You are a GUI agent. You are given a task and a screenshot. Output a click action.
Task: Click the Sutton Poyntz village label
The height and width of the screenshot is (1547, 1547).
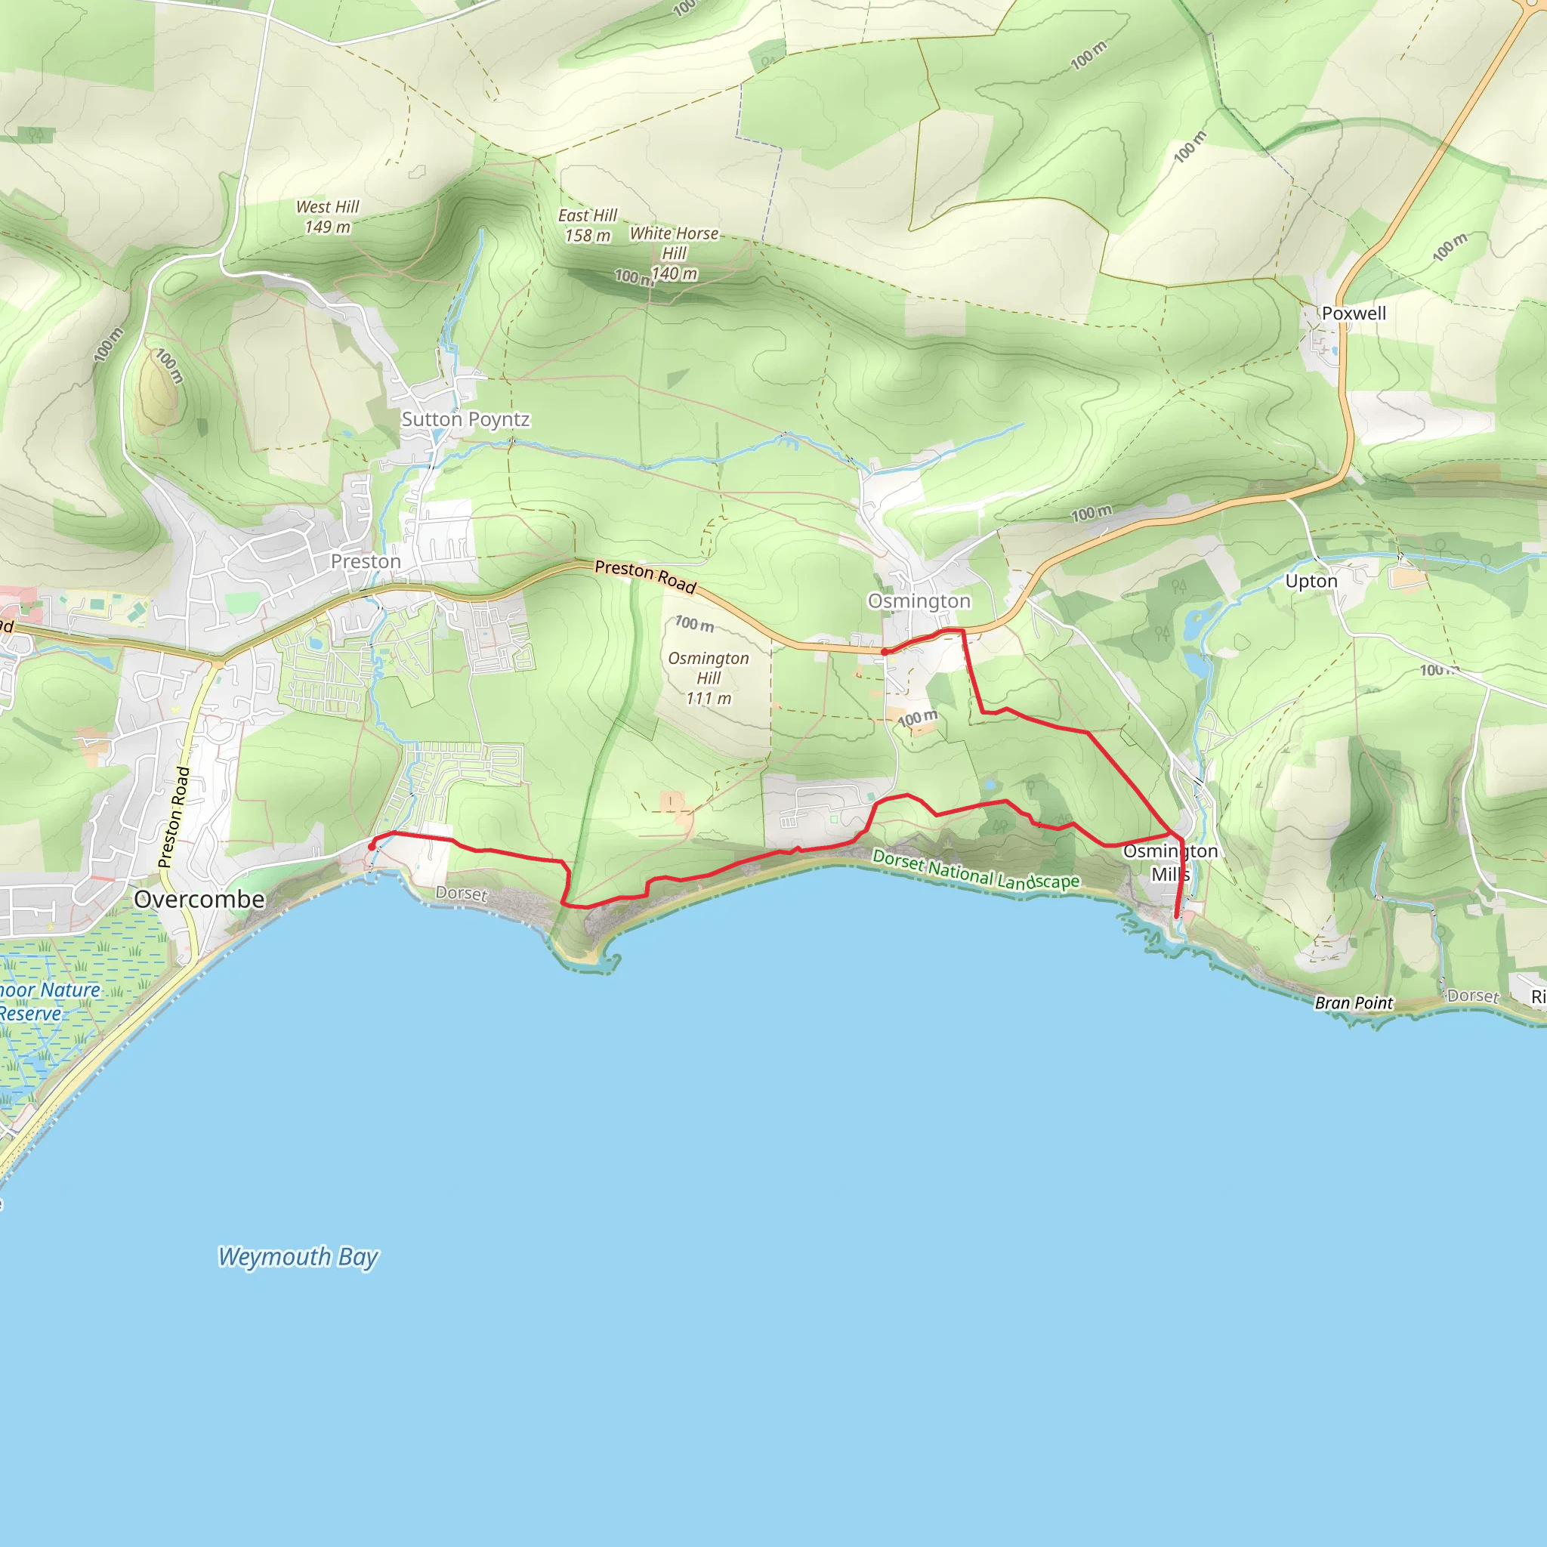465,419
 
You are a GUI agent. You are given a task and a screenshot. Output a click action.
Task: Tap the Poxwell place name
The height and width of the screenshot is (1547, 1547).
1353,314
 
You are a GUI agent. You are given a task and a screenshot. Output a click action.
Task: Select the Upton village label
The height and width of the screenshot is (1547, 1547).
1311,582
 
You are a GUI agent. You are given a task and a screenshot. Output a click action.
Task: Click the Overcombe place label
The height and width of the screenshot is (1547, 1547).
199,899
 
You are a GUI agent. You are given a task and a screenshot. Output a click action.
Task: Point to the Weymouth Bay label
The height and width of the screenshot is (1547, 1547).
298,1256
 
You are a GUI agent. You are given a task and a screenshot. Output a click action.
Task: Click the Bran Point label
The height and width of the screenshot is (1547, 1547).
1353,1002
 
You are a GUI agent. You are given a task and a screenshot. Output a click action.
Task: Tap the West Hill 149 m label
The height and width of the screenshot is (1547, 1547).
328,217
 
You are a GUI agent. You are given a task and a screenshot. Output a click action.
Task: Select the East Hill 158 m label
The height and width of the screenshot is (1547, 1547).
588,226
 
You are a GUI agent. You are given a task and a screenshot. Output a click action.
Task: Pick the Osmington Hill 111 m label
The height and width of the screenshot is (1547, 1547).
709,678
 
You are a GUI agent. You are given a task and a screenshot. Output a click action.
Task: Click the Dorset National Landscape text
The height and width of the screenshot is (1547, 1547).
975,870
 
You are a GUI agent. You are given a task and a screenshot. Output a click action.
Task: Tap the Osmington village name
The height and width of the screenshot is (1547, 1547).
919,601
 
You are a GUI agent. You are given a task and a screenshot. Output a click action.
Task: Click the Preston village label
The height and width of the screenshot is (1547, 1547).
366,562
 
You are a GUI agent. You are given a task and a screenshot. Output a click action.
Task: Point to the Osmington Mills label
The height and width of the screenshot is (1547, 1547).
1170,863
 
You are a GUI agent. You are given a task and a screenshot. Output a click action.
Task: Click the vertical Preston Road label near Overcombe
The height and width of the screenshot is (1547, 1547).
174,817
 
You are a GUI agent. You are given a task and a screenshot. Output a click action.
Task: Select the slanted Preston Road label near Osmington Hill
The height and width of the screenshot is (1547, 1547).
645,576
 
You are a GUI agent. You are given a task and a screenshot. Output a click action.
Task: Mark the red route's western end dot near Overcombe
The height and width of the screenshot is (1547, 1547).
372,846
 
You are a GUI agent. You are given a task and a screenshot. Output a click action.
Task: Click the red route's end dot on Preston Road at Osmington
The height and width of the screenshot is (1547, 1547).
884,653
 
